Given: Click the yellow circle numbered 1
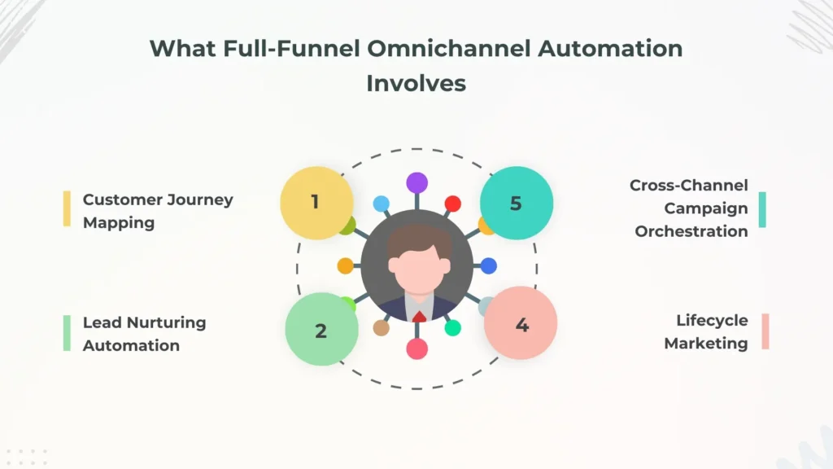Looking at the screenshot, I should pos(316,203).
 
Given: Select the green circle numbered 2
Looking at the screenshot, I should pos(321,329).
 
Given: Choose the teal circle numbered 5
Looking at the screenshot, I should pos(517,203).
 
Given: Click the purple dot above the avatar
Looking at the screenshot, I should pos(417,183).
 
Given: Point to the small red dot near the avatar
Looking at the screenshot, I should pos(452,204).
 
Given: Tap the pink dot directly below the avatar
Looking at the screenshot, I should pos(417,349).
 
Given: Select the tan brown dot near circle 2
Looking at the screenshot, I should pos(381,327).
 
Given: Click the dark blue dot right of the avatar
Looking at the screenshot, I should pos(488,265).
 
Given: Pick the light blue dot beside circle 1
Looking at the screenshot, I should pos(382,204).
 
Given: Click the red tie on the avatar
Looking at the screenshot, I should pos(418,316).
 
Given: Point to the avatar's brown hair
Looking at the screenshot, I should pos(417,241).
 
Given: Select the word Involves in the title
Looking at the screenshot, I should pos(416,83).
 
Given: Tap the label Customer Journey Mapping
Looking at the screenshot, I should pos(157,210).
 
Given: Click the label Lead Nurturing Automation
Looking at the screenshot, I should pos(144,333).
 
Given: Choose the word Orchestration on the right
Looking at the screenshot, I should pos(691,230).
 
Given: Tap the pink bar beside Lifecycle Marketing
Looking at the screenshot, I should pos(765,331).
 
